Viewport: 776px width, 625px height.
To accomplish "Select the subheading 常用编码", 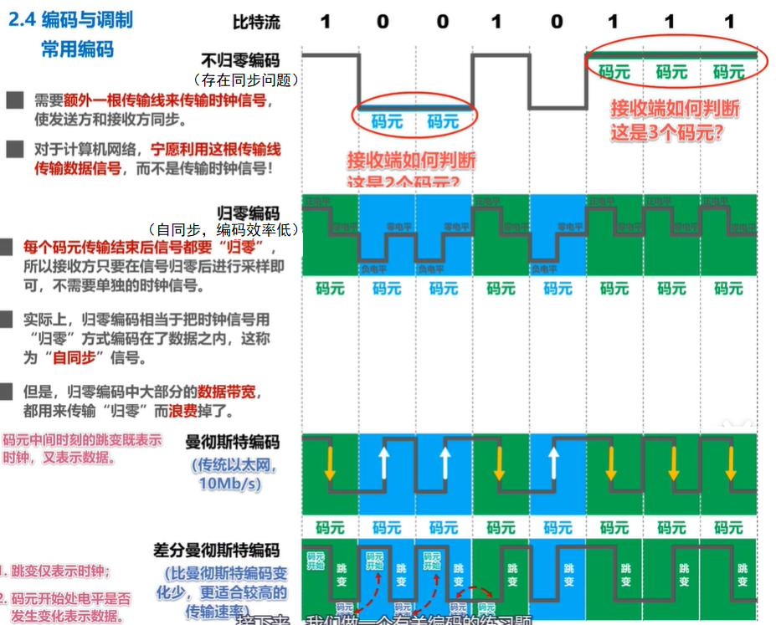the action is [x=77, y=49].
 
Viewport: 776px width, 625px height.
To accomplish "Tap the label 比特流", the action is [x=256, y=22].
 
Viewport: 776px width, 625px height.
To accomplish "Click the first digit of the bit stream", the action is [x=326, y=21].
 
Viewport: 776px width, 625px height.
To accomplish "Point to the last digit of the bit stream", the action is [x=729, y=21].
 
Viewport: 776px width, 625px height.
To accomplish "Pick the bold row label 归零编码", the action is [x=248, y=213].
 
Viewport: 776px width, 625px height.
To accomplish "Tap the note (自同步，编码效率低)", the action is [x=224, y=229].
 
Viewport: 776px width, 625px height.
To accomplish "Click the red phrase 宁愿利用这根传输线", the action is [x=215, y=150].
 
